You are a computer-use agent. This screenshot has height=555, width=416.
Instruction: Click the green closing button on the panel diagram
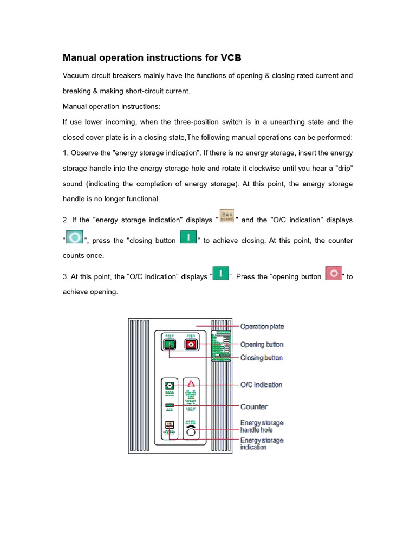[169, 344]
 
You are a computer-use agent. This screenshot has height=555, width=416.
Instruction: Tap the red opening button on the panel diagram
[190, 344]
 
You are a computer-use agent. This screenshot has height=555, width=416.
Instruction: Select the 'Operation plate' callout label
[262, 326]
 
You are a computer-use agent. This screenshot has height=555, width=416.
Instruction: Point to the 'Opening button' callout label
[262, 344]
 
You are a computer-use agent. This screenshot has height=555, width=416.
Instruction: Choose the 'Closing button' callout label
[262, 358]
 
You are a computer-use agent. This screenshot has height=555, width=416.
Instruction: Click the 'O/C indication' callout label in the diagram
[261, 385]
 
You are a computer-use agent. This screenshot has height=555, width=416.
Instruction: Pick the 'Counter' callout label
[254, 406]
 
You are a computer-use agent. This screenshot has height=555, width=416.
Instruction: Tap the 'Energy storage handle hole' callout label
[262, 426]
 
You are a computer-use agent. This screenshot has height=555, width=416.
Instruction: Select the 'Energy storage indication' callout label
[262, 444]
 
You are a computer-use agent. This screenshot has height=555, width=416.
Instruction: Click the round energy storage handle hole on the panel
[191, 432]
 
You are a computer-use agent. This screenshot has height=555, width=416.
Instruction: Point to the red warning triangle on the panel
[191, 384]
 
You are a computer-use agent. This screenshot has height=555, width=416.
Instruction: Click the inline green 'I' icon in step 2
[187, 238]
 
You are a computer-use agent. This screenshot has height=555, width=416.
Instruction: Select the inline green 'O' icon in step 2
[75, 238]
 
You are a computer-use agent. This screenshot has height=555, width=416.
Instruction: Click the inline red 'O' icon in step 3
[333, 273]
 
